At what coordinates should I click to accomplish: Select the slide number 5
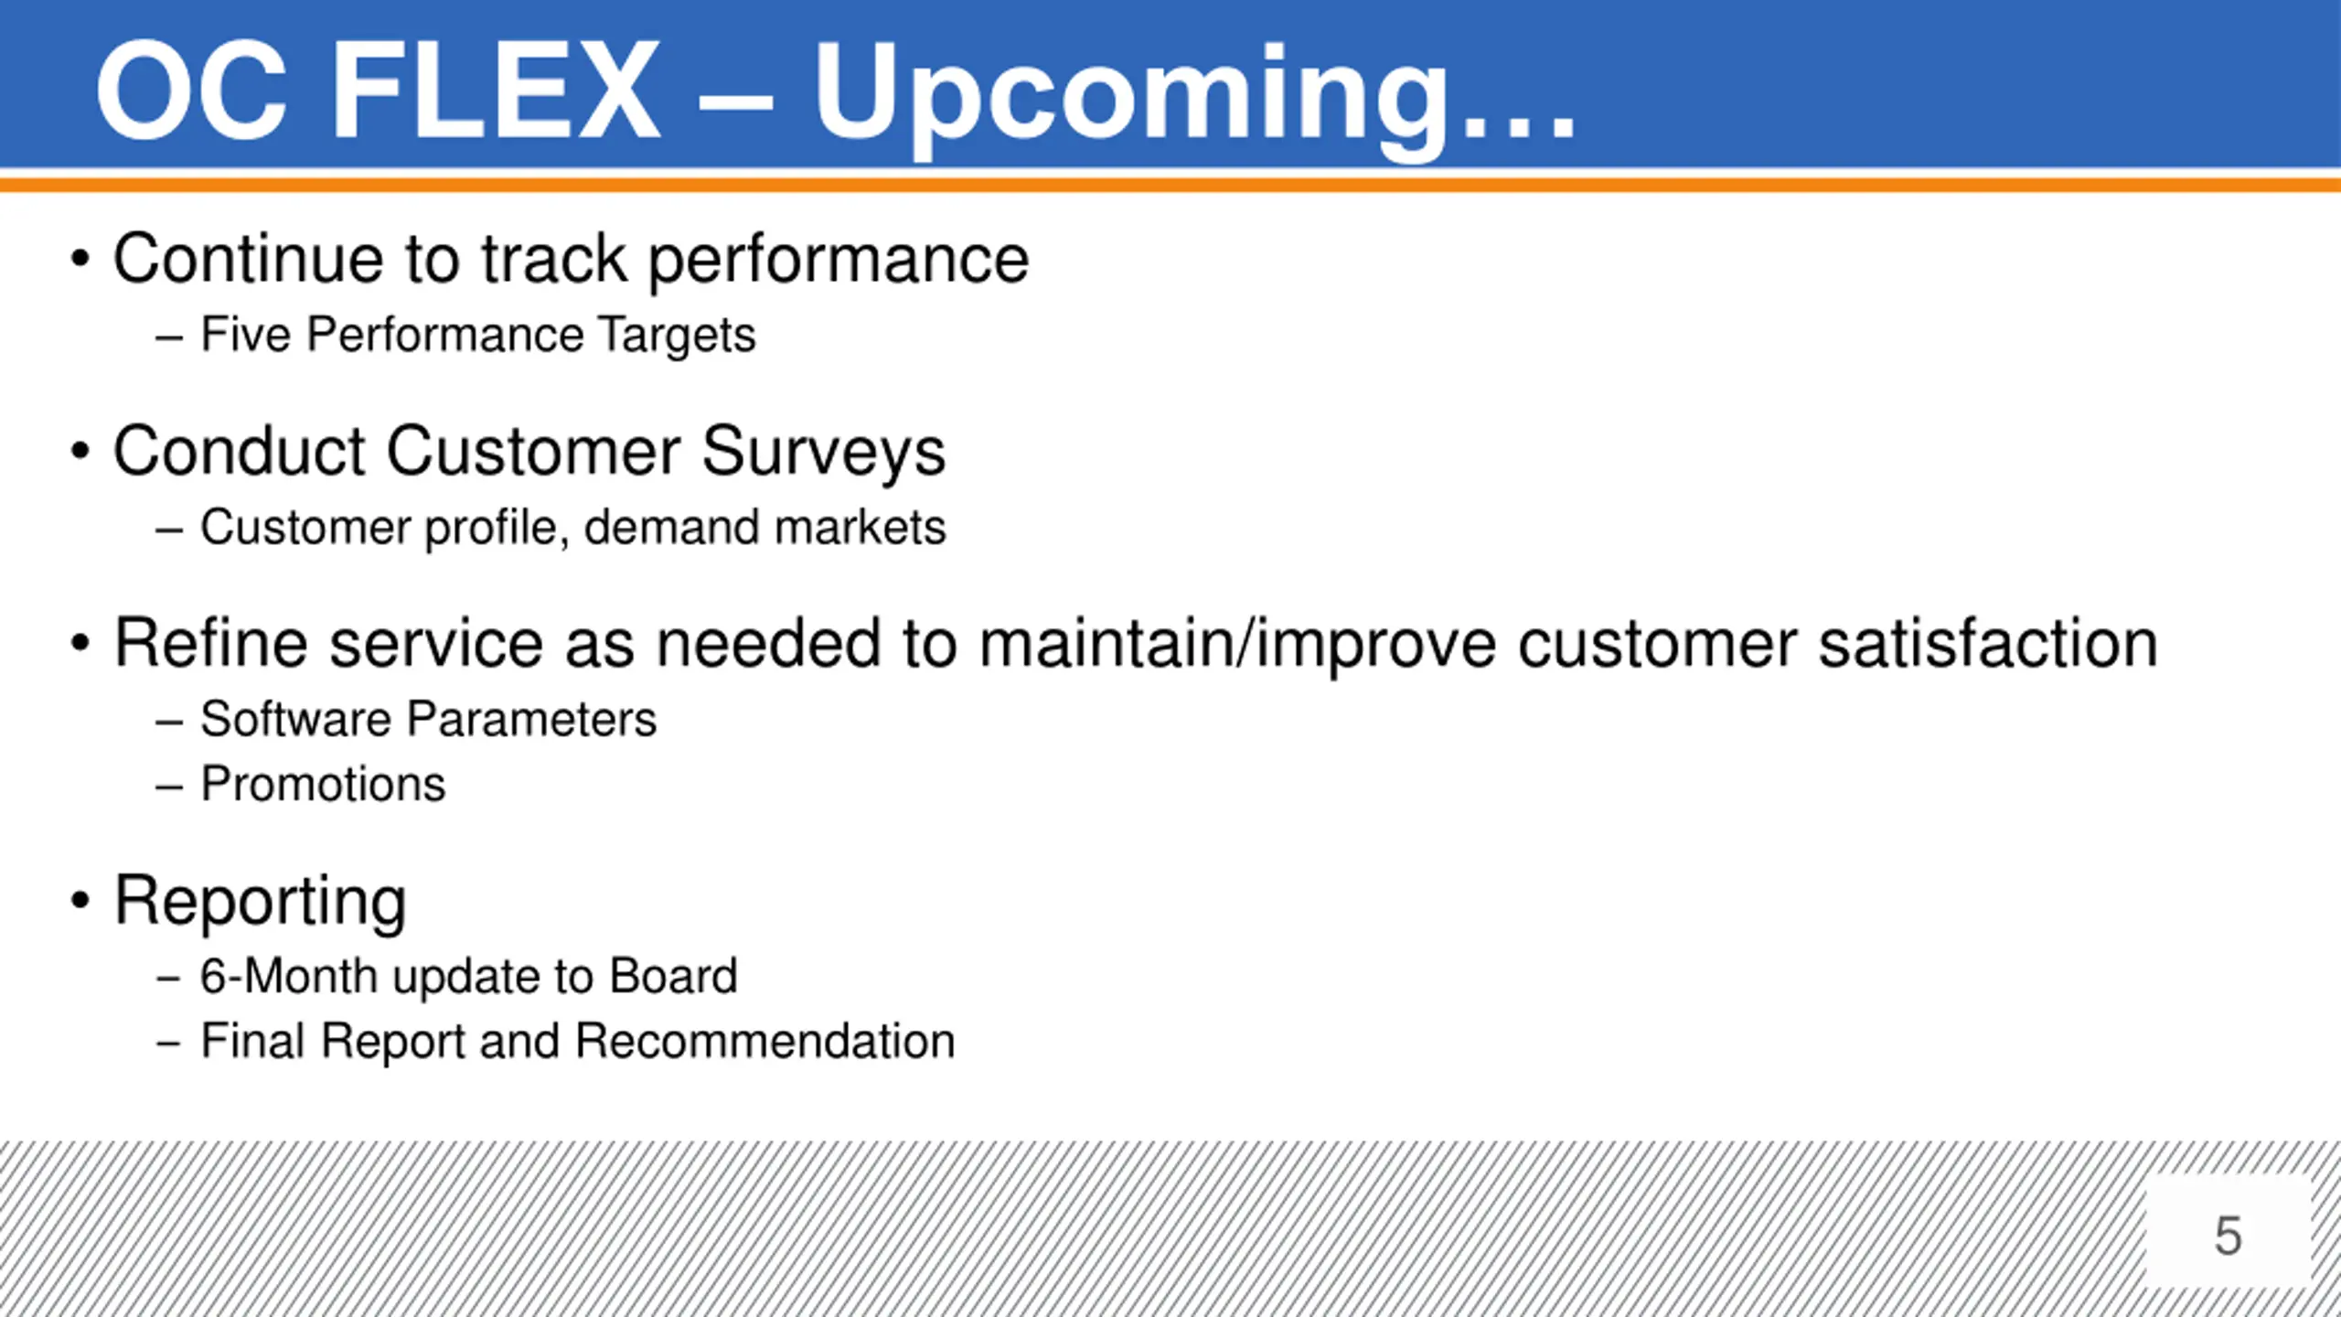2229,1236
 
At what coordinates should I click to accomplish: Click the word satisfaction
1988,644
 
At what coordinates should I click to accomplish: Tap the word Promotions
324,784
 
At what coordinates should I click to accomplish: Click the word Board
674,976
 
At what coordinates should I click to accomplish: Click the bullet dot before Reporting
80,901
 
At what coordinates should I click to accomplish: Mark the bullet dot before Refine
80,643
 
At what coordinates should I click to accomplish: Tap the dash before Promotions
169,787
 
